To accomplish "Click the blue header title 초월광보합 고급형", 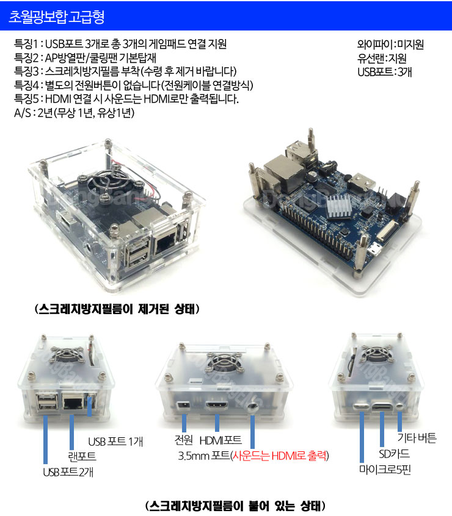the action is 56,16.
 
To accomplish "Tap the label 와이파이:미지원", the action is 390,45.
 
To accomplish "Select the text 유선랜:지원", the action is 382,58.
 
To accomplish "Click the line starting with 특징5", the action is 126,99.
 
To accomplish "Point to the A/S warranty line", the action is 74,113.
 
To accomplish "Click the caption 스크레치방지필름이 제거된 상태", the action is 117,309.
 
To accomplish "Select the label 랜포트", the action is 82,456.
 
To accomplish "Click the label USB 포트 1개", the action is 115,442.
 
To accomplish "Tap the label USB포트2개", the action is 68,472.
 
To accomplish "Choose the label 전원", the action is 183,439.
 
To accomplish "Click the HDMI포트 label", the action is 221,440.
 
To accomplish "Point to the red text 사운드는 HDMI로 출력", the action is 279,456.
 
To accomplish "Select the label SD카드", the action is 394,454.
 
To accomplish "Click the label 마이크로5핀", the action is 385,470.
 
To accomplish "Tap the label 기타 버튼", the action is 417,438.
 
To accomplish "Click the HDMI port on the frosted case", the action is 217,406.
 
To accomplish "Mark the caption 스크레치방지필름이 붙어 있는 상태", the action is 235,506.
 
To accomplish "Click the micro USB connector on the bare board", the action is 374,250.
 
